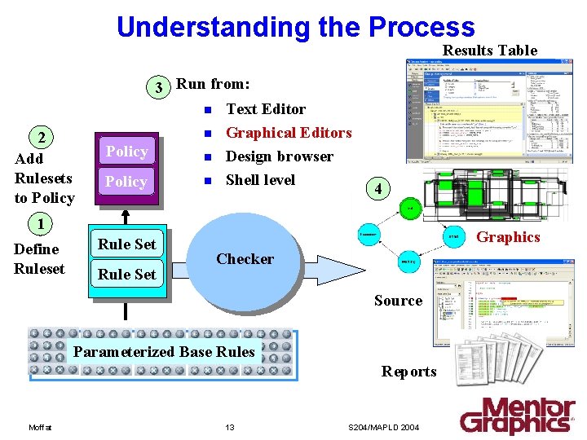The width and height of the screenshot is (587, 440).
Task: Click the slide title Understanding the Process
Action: point(295,26)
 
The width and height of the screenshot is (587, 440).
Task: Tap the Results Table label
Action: point(489,51)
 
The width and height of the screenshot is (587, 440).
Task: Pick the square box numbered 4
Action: point(377,189)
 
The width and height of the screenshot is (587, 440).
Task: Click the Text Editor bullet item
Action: point(265,109)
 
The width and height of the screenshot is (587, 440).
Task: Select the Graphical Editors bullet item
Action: point(288,133)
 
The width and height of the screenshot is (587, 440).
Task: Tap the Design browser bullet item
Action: point(279,156)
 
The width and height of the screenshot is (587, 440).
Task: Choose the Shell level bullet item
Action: point(260,180)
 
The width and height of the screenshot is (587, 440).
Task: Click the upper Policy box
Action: point(126,152)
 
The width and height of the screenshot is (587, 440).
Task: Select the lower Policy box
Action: point(126,182)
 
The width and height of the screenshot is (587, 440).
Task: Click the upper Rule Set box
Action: point(127,244)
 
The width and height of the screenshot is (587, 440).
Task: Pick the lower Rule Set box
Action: point(127,275)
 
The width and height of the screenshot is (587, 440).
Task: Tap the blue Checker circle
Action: point(245,259)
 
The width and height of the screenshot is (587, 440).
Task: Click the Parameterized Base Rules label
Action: point(164,352)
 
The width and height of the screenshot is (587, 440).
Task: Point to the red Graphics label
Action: point(508,237)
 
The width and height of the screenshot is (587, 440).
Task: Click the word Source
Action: point(398,301)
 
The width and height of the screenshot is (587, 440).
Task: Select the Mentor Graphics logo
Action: point(517,416)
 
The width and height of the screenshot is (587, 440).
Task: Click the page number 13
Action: point(230,428)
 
